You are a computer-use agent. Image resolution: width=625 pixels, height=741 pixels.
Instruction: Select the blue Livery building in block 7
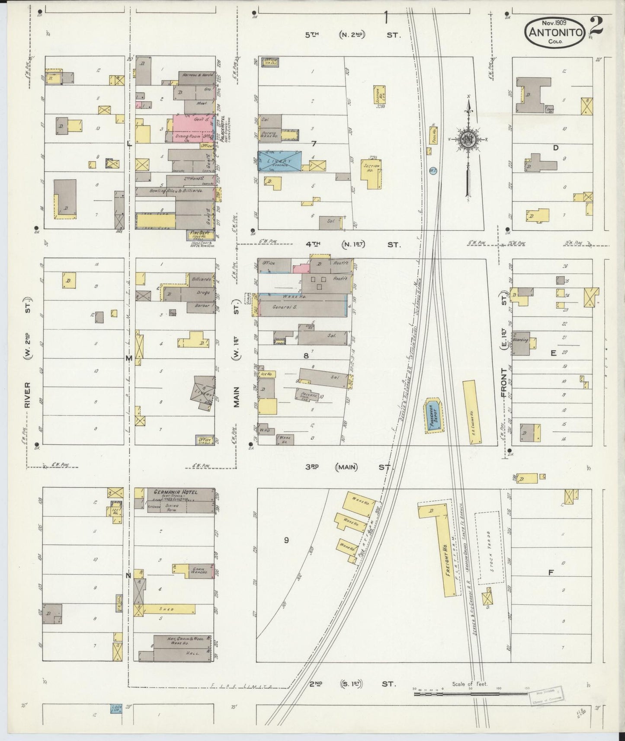tap(280, 161)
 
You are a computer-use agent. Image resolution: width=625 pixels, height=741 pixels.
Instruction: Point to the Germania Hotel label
tap(173, 492)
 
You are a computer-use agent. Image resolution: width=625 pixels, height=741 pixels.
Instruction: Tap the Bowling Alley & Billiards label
tap(170, 191)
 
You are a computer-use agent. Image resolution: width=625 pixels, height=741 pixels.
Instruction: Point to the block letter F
tap(551, 573)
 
